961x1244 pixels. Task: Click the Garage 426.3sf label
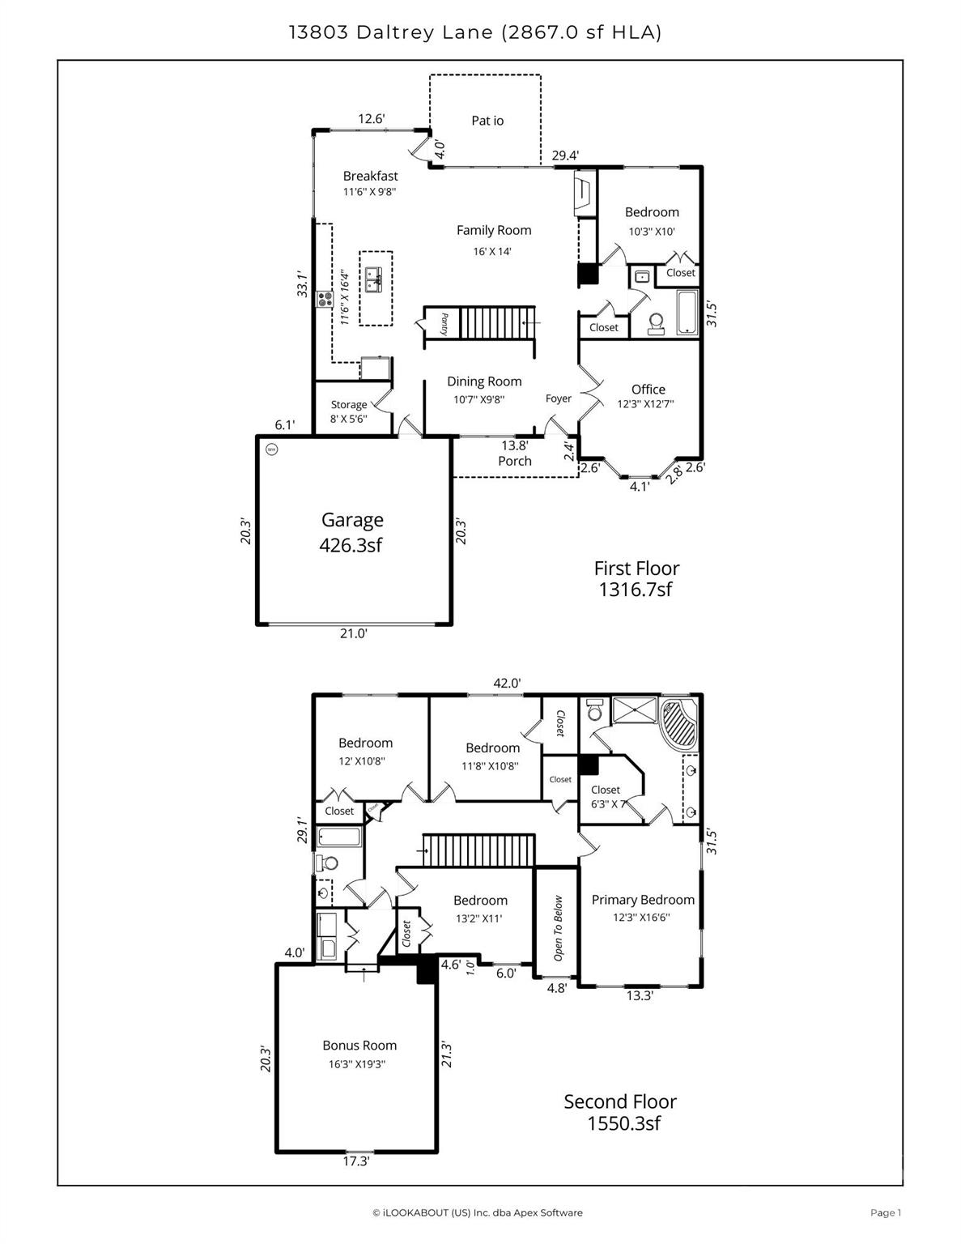click(351, 532)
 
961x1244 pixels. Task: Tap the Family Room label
click(493, 231)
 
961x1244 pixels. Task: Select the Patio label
click(487, 121)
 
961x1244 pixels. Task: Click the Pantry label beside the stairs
click(444, 326)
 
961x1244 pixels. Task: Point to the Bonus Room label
click(359, 1046)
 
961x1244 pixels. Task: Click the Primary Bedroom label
click(642, 900)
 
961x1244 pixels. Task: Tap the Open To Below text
click(558, 928)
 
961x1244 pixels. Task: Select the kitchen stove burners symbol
click(325, 299)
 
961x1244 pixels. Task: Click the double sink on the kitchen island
click(374, 280)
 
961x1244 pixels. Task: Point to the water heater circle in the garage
click(271, 449)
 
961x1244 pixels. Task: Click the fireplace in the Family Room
click(584, 194)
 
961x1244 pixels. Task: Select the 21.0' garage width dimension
click(353, 634)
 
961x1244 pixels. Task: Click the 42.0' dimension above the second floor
click(507, 684)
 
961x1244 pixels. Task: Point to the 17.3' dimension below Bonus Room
click(355, 1162)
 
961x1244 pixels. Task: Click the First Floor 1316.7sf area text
click(636, 579)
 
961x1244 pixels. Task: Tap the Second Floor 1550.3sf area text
click(620, 1112)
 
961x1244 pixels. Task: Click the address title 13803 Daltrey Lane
click(474, 32)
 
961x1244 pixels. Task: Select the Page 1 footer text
click(885, 1212)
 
